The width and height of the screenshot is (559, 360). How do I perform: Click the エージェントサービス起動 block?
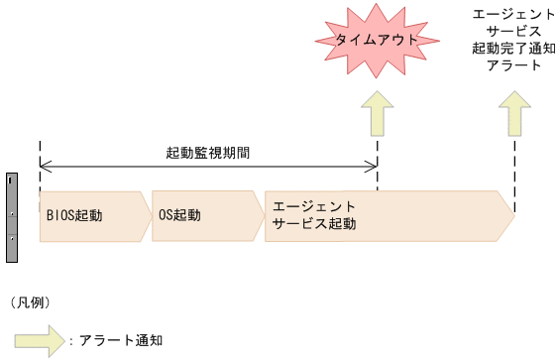[387, 215]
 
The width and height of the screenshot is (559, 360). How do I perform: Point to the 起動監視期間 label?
[207, 154]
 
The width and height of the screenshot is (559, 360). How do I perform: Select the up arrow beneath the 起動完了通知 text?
[515, 114]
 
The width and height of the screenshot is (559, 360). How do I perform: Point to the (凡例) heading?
[29, 300]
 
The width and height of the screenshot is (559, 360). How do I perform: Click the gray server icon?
[12, 217]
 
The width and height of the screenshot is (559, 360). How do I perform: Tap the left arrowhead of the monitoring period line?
[45, 167]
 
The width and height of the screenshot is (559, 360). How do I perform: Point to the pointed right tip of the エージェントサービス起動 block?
[512, 215]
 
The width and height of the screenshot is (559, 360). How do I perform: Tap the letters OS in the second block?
[167, 215]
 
